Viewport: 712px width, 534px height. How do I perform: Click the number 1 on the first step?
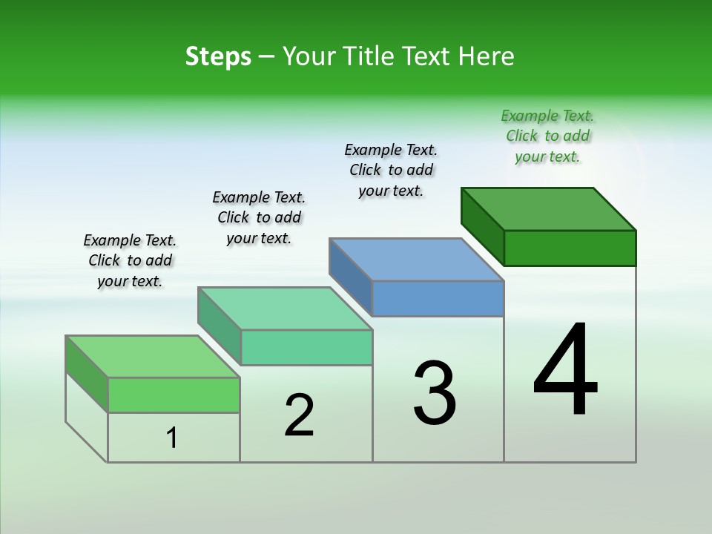click(x=172, y=438)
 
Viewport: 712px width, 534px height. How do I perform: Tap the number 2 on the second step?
click(x=299, y=415)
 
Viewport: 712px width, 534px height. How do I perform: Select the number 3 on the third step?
click(x=435, y=393)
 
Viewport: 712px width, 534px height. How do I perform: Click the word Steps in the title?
click(x=218, y=56)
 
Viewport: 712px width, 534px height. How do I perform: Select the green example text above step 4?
click(x=547, y=136)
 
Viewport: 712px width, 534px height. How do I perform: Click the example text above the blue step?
click(x=391, y=170)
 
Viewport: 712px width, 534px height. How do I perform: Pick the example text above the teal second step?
click(x=259, y=217)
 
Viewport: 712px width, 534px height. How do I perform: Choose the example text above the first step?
click(x=130, y=260)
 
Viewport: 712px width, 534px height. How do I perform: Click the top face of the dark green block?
click(x=548, y=208)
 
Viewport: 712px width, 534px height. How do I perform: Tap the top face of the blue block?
click(x=416, y=260)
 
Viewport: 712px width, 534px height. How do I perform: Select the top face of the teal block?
click(x=284, y=309)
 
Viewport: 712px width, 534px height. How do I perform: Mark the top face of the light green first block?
click(x=152, y=357)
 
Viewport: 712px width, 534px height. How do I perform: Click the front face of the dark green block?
click(x=570, y=248)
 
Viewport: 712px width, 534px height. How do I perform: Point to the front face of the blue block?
click(x=438, y=299)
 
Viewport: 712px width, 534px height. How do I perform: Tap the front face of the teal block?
click(x=306, y=348)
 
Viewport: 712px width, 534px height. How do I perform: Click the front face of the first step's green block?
click(x=174, y=395)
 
